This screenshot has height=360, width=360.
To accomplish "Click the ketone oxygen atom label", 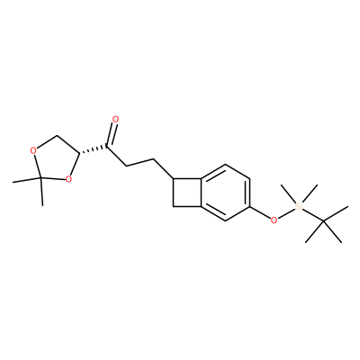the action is [115, 120].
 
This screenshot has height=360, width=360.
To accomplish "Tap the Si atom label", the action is [298, 206].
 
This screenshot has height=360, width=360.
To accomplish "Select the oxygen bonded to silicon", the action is [274, 220].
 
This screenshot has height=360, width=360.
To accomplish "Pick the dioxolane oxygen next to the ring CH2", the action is [33, 150].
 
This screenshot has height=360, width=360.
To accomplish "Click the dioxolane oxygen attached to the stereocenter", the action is [68, 179].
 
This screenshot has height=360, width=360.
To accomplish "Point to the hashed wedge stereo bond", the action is [94, 150].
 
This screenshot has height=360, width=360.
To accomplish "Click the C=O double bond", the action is [112, 135].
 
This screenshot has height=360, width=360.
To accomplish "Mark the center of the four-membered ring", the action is [187, 193].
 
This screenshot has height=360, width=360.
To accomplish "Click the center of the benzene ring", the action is [225, 193].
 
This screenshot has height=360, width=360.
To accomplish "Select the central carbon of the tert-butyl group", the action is [323, 221].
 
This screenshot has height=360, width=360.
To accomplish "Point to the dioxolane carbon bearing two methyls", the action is [41, 179].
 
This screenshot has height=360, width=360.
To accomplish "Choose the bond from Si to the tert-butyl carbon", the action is [312, 215].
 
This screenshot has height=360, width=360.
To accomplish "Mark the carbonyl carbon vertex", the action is [108, 146].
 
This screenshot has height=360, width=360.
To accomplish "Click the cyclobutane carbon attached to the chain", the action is [174, 179].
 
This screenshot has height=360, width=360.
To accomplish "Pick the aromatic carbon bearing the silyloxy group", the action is [249, 207].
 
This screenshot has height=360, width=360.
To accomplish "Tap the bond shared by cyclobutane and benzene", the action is [201, 193].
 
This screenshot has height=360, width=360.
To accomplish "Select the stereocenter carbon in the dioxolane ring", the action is [80, 154].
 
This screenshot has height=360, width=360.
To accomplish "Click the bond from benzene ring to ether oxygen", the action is [260, 212].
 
